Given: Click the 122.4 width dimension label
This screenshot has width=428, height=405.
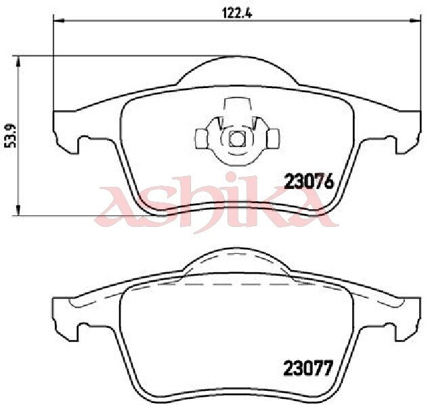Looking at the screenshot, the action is (x=237, y=13).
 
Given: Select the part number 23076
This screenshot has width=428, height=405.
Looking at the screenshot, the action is (x=309, y=182).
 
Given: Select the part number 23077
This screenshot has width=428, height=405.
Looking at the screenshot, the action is (x=309, y=368).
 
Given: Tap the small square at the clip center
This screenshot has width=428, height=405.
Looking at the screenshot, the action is (x=237, y=139).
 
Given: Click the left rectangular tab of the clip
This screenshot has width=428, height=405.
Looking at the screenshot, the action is (x=201, y=139).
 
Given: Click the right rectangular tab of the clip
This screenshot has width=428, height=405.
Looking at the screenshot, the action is (x=273, y=139).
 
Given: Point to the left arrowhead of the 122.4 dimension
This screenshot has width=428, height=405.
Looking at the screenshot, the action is (x=59, y=20).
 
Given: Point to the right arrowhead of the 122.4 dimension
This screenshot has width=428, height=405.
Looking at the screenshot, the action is (x=414, y=20).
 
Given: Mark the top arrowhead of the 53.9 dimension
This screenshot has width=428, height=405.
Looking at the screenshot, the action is (x=18, y=61).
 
